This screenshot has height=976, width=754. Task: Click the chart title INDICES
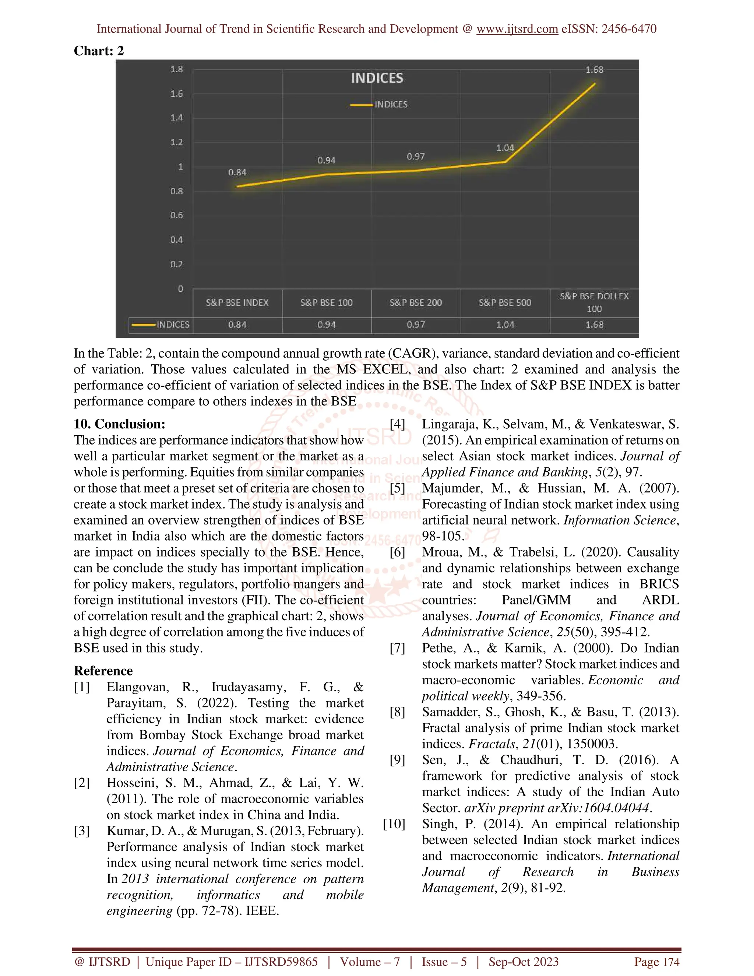377,78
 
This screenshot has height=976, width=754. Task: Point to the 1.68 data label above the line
594,70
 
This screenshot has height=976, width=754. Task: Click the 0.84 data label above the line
237,172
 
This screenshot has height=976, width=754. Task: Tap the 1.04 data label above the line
505,148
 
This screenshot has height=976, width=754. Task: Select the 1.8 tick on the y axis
176,69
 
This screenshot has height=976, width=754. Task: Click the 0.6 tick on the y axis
176,215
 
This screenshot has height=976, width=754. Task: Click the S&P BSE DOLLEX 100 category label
594,302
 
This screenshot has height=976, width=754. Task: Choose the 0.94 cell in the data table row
327,325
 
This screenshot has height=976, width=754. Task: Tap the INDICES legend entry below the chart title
380,105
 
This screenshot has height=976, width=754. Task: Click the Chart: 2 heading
99,51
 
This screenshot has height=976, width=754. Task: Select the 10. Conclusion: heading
119,424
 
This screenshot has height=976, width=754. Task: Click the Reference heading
103,671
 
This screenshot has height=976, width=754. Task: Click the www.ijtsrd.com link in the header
517,29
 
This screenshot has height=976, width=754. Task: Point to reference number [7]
397,648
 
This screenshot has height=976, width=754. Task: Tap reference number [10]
394,824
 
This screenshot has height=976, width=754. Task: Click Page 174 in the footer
657,962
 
